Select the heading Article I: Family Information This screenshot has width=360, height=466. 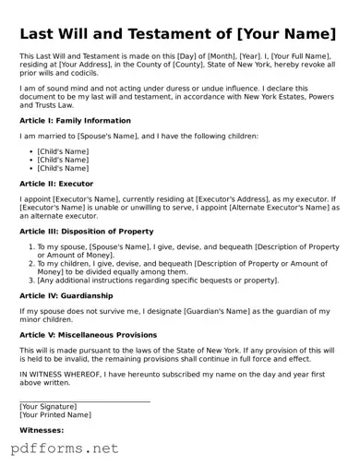75,121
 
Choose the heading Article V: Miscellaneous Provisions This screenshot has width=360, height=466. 88,335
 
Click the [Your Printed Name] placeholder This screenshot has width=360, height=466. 61,415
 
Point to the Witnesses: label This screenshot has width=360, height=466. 42,430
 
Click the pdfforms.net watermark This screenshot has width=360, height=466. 65,448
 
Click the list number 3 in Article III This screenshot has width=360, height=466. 31,280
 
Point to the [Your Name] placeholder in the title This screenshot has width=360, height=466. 287,35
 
